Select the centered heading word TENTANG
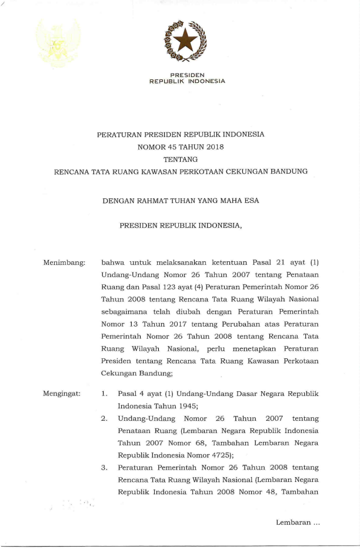pyautogui.click(x=180, y=159)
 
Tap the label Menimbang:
pyautogui.click(x=64, y=261)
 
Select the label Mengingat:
pyautogui.click(x=62, y=393)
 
